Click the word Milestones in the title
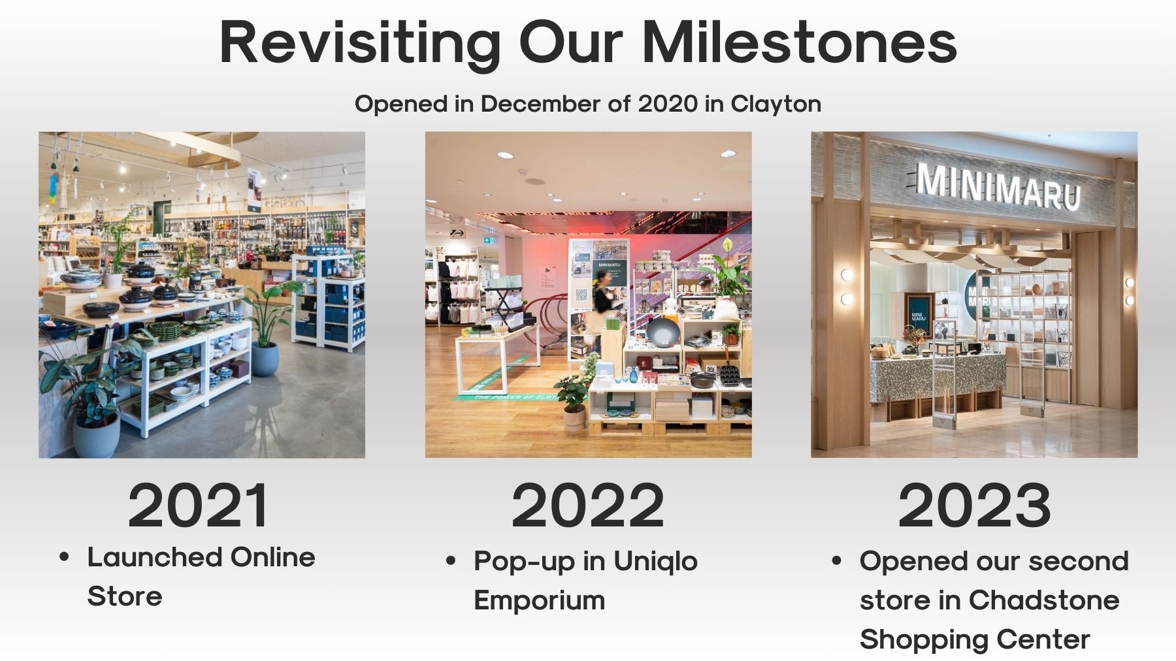click(800, 42)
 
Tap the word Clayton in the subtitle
click(776, 105)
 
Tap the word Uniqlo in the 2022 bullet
click(655, 562)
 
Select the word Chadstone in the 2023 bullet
click(1044, 600)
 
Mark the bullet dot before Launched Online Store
click(64, 558)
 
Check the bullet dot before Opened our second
click(836, 562)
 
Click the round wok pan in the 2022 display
click(662, 333)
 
